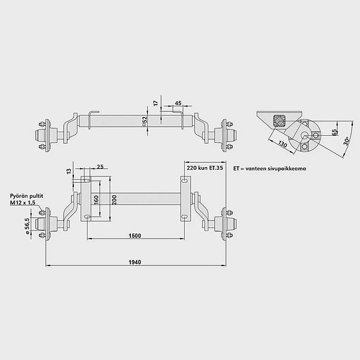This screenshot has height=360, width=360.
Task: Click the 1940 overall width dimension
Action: point(135,262)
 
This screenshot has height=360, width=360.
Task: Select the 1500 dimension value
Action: point(135,236)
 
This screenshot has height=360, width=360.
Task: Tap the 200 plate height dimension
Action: point(115,200)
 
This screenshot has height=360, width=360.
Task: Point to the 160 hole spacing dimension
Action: point(96,200)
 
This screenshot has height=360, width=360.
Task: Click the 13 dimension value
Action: point(69,171)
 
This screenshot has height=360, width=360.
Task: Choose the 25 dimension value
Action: point(100,167)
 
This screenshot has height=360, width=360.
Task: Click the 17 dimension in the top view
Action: point(156,103)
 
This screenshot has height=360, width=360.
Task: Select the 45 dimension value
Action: point(178,103)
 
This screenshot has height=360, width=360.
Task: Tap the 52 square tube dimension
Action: point(145,121)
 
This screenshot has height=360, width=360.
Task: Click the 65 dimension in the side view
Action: point(335,132)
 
